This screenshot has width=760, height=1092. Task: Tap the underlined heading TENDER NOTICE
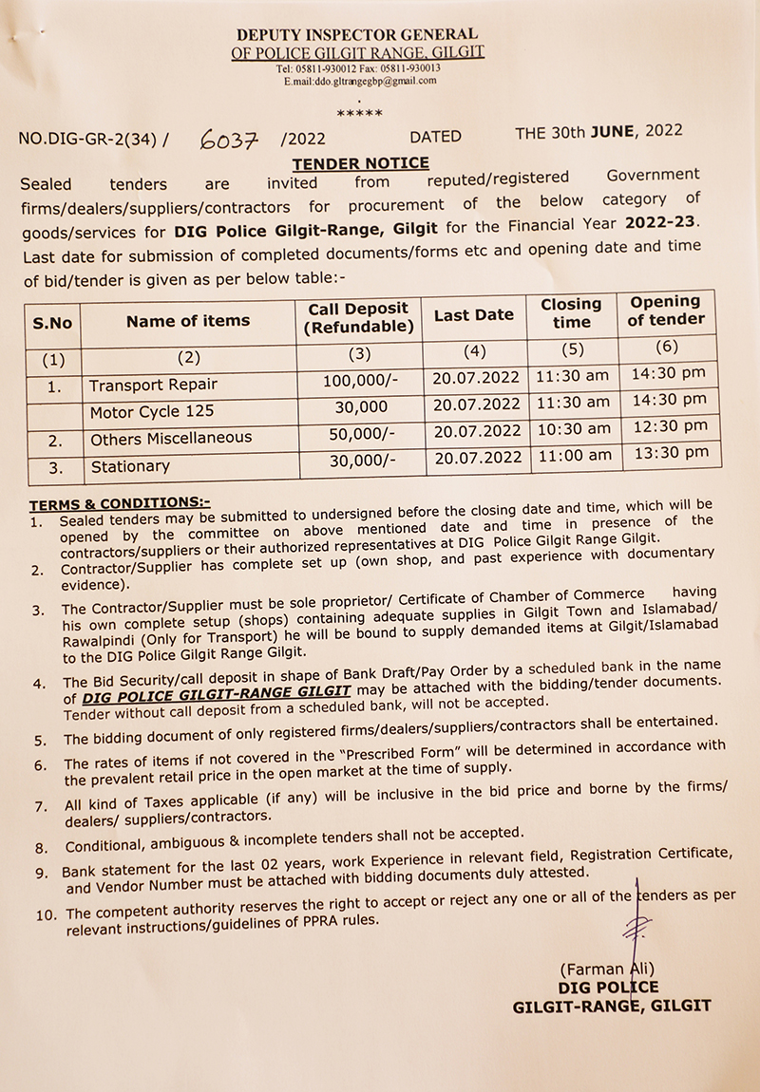point(360,163)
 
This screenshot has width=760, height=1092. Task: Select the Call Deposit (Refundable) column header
point(358,318)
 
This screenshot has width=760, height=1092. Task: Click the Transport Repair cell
point(153,385)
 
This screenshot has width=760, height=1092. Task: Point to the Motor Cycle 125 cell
point(152,412)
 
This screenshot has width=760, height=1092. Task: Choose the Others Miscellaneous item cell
point(171,439)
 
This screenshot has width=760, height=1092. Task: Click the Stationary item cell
point(130,466)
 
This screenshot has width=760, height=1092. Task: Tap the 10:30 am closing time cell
point(573,428)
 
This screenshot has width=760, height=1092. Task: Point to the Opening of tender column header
point(666,311)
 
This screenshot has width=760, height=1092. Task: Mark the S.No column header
point(52,323)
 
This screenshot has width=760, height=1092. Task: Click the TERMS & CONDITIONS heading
point(120,502)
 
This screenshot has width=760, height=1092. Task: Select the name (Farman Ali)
point(608,970)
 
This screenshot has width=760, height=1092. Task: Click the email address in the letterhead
point(360,82)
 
